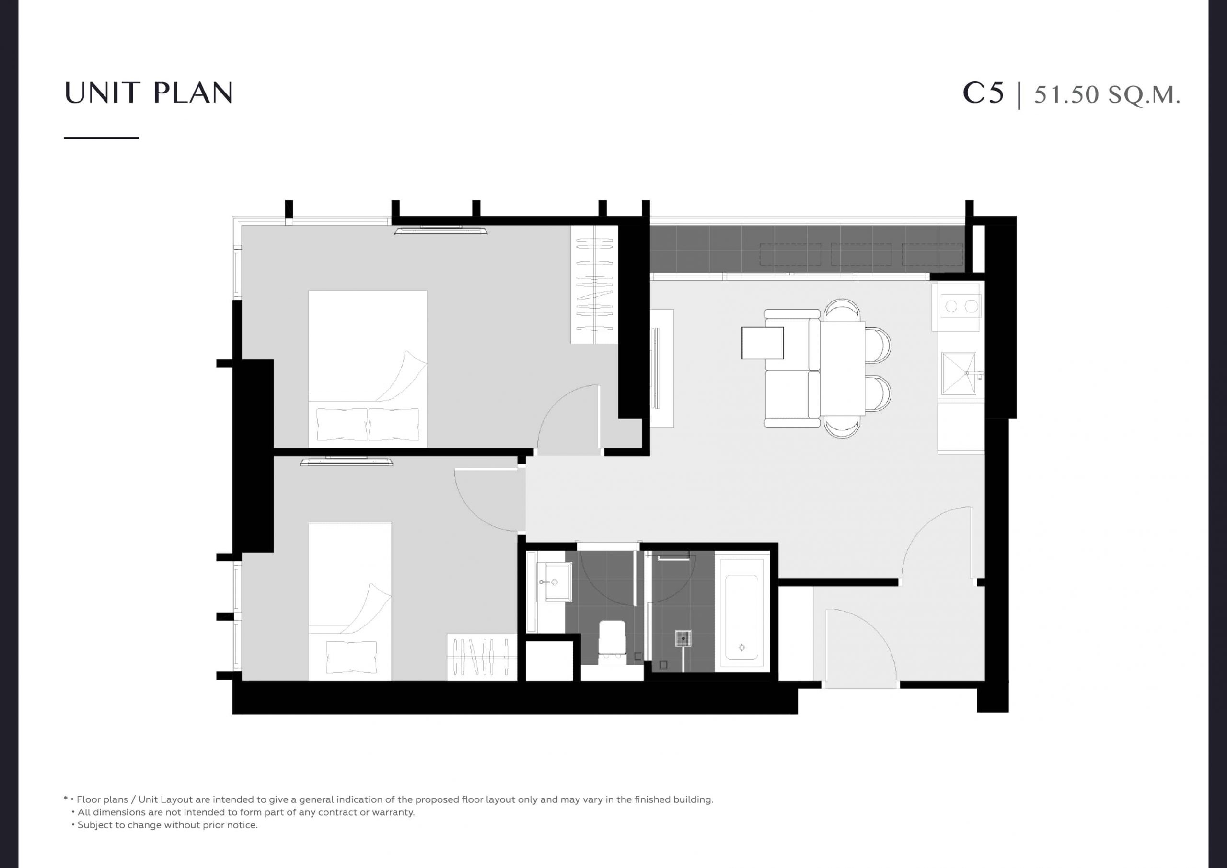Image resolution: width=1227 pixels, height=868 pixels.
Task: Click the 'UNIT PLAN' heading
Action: coord(148,93)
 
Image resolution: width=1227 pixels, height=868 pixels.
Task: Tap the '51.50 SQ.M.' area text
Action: coord(1107,94)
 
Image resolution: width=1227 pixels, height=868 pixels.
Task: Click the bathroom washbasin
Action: coord(554,581)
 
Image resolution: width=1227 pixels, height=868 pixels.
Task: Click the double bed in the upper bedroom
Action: coord(368,369)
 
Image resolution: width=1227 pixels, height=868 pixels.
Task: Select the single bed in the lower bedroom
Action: coord(350,602)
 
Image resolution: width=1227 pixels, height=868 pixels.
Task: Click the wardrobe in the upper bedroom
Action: coord(594,284)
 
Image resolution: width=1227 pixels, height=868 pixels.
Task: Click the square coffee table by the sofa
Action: coord(763,343)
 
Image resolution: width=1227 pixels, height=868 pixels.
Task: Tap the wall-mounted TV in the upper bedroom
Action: coord(441,231)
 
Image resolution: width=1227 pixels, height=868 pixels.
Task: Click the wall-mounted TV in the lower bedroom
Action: coord(347,461)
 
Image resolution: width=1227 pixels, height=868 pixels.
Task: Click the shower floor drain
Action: coord(683,638)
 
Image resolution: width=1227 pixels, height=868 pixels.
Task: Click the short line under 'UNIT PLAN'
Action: coord(102,138)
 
